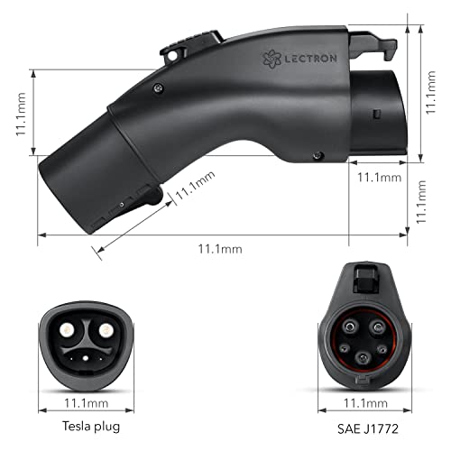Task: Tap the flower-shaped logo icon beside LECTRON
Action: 272,59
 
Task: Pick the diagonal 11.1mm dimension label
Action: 195,190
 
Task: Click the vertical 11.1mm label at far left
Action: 19,116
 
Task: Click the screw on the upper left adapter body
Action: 158,87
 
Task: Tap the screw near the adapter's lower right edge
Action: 317,156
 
